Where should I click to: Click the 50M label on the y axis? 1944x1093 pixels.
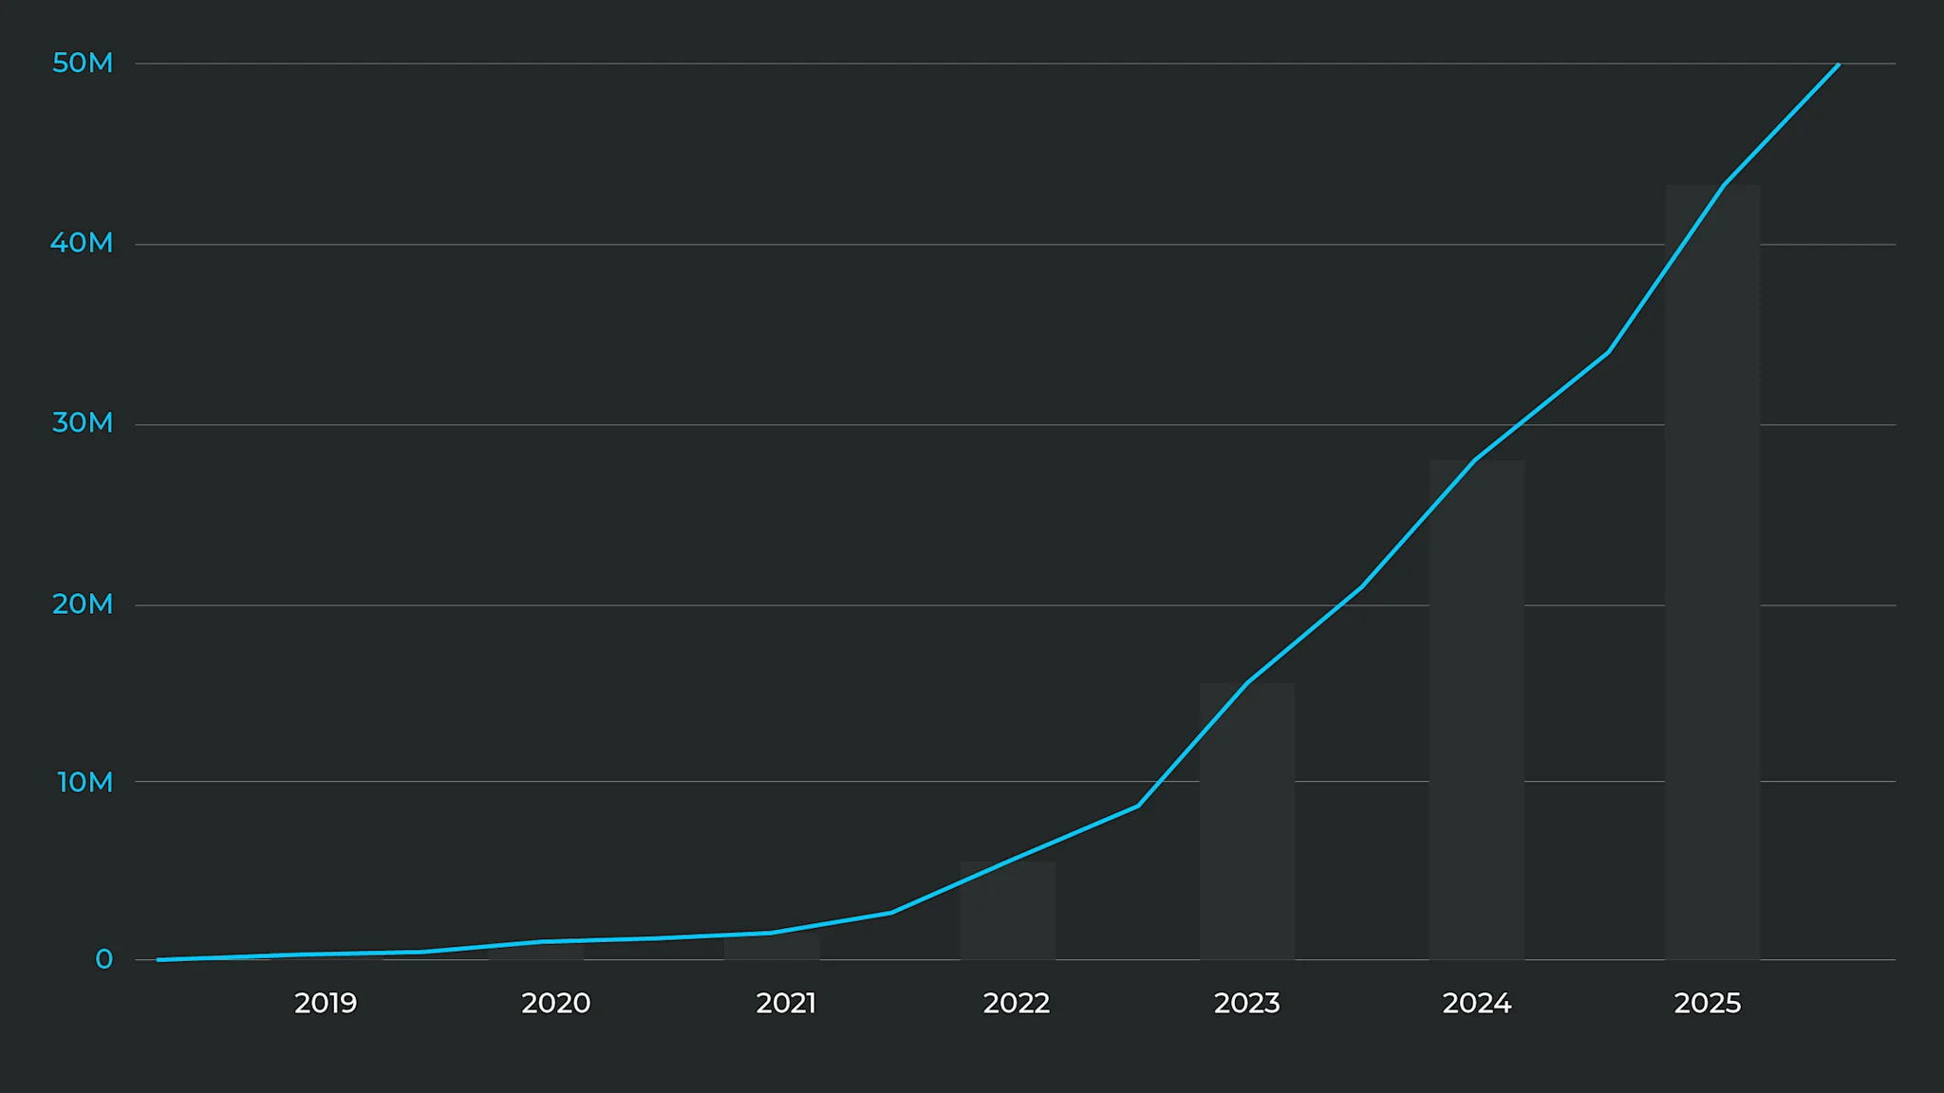coord(83,63)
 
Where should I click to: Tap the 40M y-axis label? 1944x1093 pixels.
coord(82,243)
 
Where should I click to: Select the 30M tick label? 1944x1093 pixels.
coord(83,422)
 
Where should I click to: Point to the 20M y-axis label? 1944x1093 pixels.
coord(83,603)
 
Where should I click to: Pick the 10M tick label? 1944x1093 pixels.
coord(84,782)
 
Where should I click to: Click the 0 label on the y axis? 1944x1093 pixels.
coord(103,959)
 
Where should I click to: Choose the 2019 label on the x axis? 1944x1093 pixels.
coord(326,1003)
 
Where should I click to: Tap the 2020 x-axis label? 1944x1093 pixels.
coord(555,1003)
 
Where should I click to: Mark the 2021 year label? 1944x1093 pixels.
coord(786,1003)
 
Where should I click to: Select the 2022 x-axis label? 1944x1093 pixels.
coord(1017,1003)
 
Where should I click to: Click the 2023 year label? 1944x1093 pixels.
coord(1247,1003)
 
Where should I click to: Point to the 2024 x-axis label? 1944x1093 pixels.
coord(1477,1003)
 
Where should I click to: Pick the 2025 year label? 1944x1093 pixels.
coord(1708,1003)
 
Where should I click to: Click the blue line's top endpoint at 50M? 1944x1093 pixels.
coord(1839,65)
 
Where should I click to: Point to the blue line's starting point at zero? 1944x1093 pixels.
coord(159,959)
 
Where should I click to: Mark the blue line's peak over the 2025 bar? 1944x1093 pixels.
coord(1723,186)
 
